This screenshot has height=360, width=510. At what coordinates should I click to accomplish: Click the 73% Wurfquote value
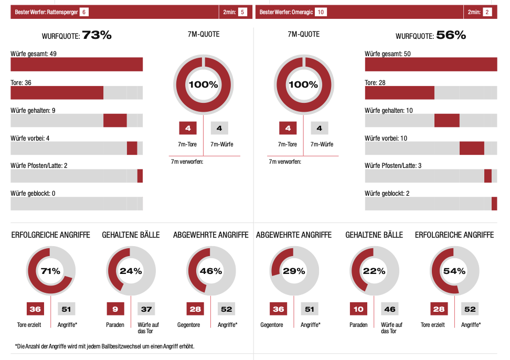97,35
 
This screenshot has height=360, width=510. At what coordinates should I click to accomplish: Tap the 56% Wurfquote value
451,35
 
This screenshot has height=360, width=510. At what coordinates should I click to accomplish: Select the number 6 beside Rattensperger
84,12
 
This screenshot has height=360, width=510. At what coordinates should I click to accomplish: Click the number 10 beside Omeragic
321,12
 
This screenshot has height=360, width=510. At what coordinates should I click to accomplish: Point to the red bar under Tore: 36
57,93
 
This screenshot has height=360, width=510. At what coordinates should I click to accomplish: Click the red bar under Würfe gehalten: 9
115,120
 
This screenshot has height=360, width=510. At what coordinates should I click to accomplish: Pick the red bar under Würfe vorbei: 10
472,148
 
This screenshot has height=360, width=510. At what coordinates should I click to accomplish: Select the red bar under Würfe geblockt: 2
494,204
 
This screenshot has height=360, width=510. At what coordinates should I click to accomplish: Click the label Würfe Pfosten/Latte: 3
393,166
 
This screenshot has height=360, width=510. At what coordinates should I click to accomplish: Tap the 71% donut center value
51,271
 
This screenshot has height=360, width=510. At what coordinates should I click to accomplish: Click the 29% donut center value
294,271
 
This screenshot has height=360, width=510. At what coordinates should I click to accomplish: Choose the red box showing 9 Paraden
115,309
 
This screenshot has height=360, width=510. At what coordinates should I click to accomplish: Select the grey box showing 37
146,309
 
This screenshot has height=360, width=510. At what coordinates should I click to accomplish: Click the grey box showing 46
390,309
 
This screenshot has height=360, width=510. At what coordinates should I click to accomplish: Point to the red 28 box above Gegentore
195,309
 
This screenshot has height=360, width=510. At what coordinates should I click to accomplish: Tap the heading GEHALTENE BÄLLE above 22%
374,235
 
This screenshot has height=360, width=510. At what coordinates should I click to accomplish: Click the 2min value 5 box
242,12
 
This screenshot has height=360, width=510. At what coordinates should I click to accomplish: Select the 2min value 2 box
487,12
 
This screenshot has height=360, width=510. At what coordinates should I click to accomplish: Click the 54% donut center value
454,271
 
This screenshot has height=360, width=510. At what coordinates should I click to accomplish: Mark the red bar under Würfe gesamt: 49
77,65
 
